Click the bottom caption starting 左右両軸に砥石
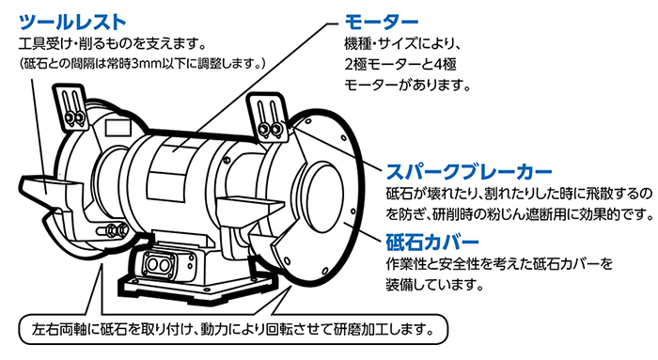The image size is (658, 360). click(231, 330)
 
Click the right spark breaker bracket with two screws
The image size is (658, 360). click(268, 117)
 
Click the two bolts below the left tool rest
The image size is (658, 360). click(92, 229)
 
